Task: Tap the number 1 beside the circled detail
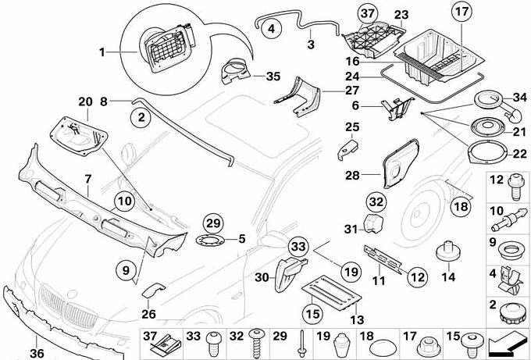point(102,52)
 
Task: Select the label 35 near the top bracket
point(272,77)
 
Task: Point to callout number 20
point(85,102)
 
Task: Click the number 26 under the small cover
point(148,314)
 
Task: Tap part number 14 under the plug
point(448,275)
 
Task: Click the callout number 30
point(262,277)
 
